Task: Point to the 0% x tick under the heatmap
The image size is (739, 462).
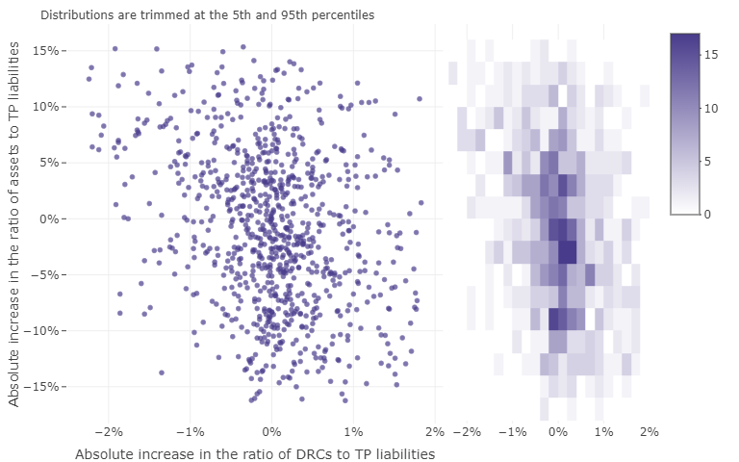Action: pyautogui.click(x=558, y=432)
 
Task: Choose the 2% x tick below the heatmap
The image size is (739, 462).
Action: pyautogui.click(x=649, y=432)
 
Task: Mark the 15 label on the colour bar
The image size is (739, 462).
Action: pyautogui.click(x=711, y=55)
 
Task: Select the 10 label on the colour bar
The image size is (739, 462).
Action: pyautogui.click(x=711, y=108)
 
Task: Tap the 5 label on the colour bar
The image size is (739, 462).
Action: pyautogui.click(x=708, y=161)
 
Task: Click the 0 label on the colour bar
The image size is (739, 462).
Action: pyautogui.click(x=708, y=214)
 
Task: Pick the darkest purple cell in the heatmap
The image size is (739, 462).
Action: pyautogui.click(x=567, y=252)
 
